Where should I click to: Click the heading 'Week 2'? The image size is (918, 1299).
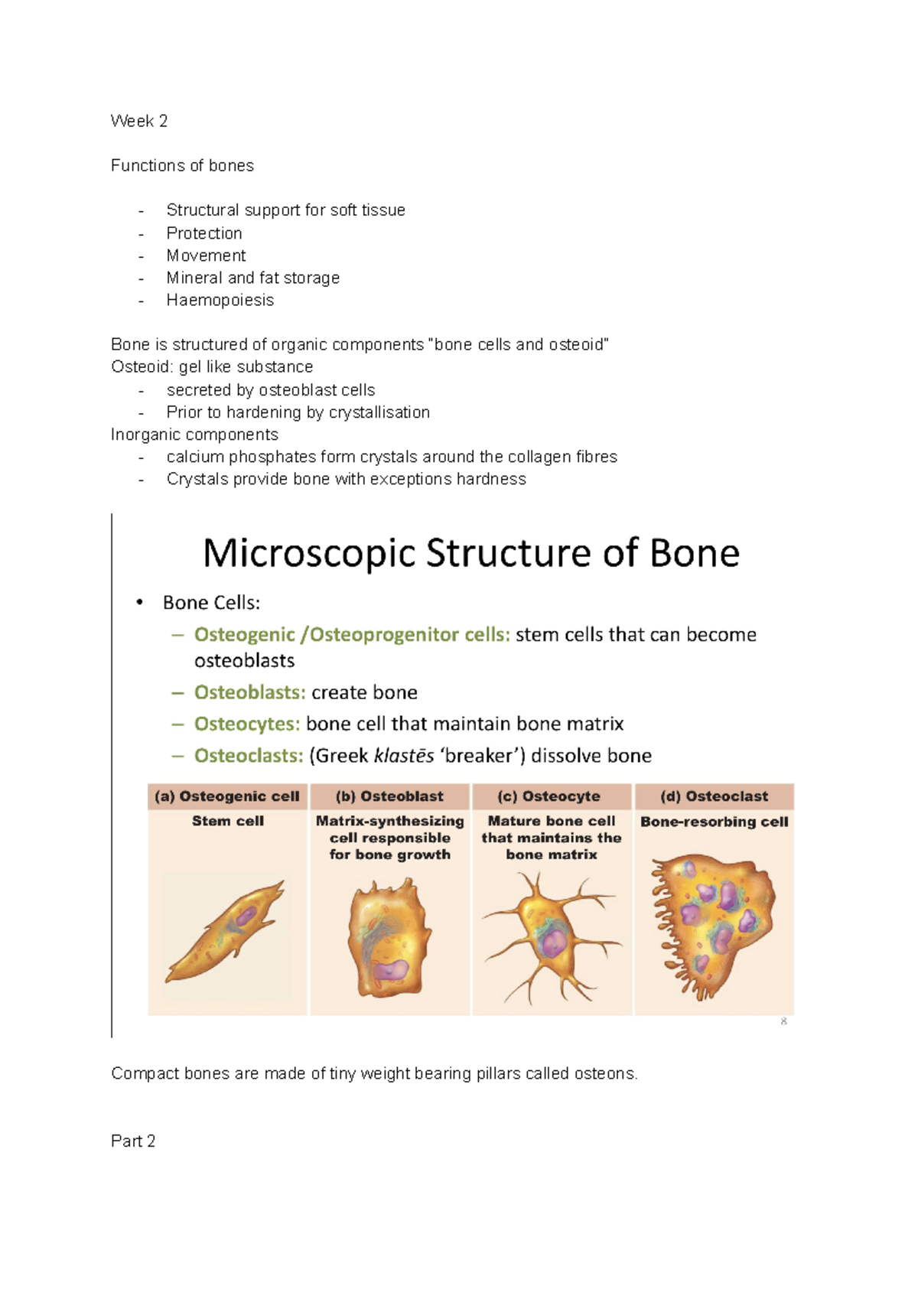[139, 121]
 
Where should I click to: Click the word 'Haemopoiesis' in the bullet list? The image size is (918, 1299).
[220, 300]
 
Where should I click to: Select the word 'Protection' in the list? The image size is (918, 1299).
[204, 233]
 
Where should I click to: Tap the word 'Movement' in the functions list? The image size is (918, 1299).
[206, 256]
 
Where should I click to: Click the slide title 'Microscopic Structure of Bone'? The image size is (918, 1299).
[470, 552]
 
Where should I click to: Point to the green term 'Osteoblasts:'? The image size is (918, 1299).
[249, 692]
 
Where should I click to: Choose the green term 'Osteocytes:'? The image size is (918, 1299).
[246, 724]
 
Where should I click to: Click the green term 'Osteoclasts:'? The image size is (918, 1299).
[249, 756]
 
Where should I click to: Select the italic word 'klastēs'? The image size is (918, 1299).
[403, 756]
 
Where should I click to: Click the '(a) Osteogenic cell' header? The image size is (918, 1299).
[227, 796]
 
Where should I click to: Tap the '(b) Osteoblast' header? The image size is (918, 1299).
[389, 796]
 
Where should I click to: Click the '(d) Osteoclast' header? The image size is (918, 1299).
[714, 796]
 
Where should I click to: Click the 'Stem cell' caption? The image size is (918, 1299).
[227, 821]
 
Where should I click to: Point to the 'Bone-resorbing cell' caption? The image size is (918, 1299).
[714, 822]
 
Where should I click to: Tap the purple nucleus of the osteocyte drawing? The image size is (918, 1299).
[552, 943]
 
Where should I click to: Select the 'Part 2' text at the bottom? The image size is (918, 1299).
[133, 1141]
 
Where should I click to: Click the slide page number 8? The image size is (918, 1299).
[783, 1021]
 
